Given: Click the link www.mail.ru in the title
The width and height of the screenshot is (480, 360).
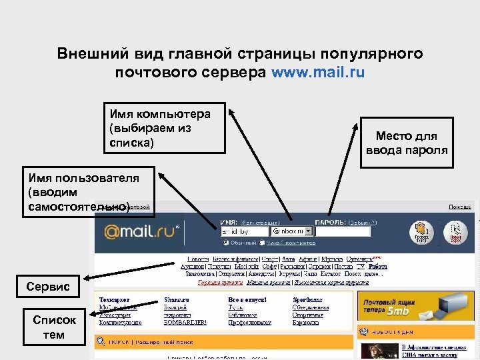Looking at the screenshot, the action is click(x=318, y=72).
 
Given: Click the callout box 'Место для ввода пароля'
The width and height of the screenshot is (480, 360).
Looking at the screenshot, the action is click(x=406, y=143).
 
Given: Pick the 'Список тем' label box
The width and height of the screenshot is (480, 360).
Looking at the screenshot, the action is click(x=55, y=327).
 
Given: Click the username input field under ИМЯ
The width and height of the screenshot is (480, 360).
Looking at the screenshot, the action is click(x=244, y=231).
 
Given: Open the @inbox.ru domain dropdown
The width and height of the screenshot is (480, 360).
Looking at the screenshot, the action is click(x=293, y=231).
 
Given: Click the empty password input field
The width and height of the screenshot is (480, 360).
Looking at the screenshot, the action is click(x=342, y=231).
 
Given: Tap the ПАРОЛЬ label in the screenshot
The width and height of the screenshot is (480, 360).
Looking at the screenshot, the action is click(x=329, y=222).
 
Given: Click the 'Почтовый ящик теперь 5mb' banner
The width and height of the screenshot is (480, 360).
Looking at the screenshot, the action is click(x=415, y=306).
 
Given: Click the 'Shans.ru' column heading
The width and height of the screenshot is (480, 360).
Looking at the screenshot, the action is click(x=177, y=300).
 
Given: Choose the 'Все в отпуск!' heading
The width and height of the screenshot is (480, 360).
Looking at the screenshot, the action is click(x=247, y=300).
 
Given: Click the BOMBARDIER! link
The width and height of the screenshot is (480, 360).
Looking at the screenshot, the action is click(x=185, y=322).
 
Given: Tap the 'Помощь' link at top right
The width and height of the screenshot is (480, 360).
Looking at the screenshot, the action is click(x=459, y=207).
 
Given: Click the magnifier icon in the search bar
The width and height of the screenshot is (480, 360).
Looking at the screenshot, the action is click(x=101, y=341).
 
